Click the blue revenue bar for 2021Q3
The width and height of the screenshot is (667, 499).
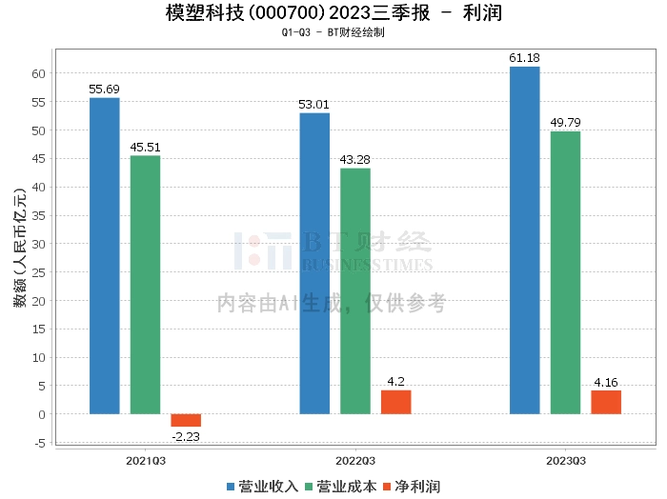105,256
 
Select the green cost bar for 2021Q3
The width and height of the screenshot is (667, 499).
145,285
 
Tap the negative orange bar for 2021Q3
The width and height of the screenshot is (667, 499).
186,420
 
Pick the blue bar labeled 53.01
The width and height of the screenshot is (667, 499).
314,264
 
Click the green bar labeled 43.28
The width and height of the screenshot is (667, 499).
355,291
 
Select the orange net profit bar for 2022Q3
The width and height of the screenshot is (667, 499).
395,402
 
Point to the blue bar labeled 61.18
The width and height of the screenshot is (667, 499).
524,240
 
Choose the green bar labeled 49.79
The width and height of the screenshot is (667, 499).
565,272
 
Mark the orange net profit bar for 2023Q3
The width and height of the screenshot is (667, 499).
606,402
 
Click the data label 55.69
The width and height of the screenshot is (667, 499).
105,89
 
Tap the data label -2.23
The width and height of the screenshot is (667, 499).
186,436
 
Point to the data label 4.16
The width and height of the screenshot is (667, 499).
606,382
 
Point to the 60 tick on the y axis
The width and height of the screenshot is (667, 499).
40,73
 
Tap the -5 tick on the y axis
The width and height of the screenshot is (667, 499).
39,442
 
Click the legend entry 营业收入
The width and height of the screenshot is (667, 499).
262,487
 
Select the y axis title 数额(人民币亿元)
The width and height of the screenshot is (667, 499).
18,244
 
